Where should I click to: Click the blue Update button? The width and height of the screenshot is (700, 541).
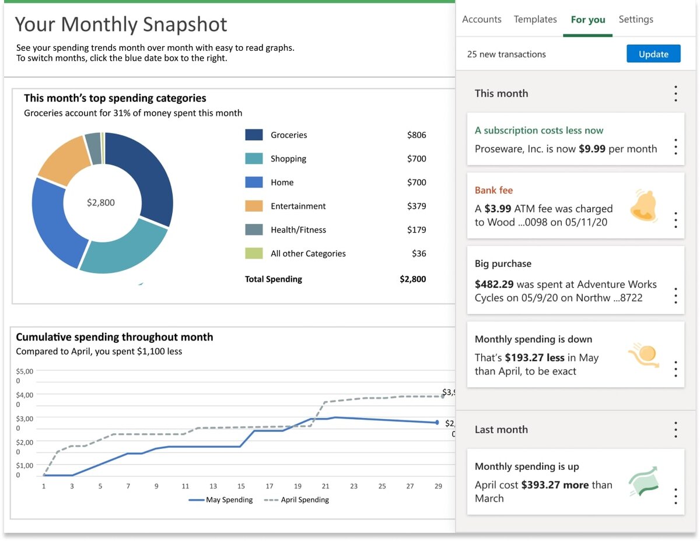click(653, 54)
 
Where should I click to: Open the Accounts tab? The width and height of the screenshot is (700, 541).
click(481, 19)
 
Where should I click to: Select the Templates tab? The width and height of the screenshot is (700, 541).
click(535, 19)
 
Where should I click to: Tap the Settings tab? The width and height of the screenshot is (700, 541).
click(636, 19)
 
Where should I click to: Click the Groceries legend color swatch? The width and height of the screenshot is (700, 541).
click(254, 135)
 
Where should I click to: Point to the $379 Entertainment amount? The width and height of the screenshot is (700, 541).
click(416, 206)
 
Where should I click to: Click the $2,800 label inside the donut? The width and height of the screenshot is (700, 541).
click(101, 202)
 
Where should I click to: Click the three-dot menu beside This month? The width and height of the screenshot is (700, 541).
click(675, 93)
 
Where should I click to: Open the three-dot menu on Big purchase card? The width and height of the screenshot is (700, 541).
click(675, 296)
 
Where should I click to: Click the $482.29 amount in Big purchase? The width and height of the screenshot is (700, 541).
click(494, 284)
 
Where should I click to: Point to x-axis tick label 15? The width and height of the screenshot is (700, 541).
click(241, 486)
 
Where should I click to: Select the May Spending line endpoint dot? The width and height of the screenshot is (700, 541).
click(436, 423)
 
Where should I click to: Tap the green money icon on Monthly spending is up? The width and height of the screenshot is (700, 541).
click(643, 481)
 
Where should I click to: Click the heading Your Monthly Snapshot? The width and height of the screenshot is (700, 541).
click(121, 24)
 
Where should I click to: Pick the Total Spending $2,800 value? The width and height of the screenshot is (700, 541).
click(412, 279)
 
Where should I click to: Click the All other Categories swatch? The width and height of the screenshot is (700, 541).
click(254, 254)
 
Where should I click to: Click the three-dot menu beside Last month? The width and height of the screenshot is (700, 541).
click(675, 430)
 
